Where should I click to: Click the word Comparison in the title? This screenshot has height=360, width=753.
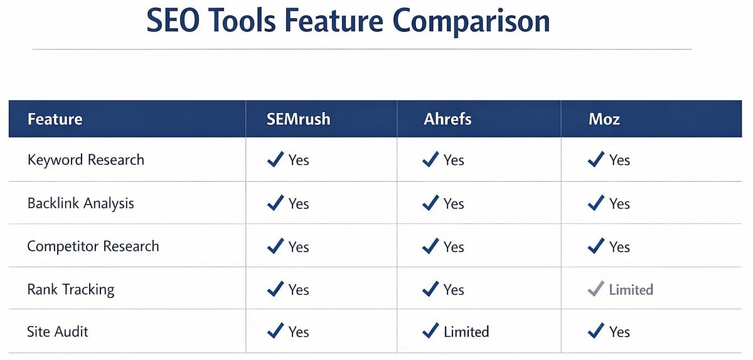pyautogui.click(x=471, y=21)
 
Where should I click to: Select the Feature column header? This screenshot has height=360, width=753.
pyautogui.click(x=55, y=119)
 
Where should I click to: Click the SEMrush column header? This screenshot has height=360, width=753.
pyautogui.click(x=298, y=119)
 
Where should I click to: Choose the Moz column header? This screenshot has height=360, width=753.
pyautogui.click(x=604, y=119)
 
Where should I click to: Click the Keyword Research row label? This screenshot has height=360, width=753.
pyautogui.click(x=86, y=160)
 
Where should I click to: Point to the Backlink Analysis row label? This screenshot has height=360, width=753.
pyautogui.click(x=81, y=203)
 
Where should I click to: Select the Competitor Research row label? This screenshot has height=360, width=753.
pyautogui.click(x=93, y=246)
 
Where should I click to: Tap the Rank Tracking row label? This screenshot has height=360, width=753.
pyautogui.click(x=71, y=290)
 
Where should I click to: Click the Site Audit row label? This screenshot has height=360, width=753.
pyautogui.click(x=58, y=332)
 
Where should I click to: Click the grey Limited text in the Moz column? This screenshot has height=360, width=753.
pyautogui.click(x=631, y=290)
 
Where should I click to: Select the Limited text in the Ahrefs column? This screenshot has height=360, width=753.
pyautogui.click(x=466, y=332)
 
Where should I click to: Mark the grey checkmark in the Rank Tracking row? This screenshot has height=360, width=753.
pyautogui.click(x=595, y=289)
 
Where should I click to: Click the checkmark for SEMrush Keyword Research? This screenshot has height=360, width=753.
pyautogui.click(x=275, y=160)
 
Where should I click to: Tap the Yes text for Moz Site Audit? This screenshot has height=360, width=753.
pyautogui.click(x=619, y=332)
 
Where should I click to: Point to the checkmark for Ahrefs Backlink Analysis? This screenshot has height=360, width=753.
pyautogui.click(x=430, y=203)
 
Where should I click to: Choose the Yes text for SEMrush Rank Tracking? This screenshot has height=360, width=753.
pyautogui.click(x=299, y=290)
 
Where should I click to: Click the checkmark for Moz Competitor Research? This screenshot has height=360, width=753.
pyautogui.click(x=595, y=246)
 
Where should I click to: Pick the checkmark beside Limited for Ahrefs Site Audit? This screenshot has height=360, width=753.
pyautogui.click(x=430, y=331)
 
